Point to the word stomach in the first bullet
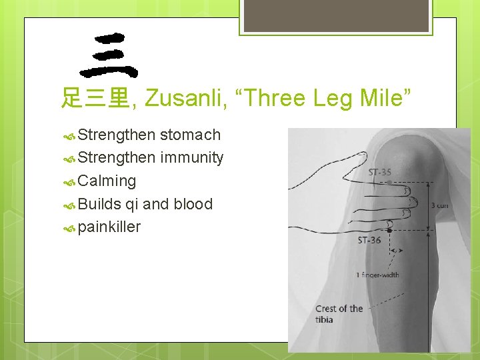pyautogui.click(x=190, y=135)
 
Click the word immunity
pyautogui.click(x=191, y=158)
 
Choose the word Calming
pyautogui.click(x=107, y=181)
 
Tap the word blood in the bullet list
pyautogui.click(x=193, y=204)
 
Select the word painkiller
pyautogui.click(x=109, y=227)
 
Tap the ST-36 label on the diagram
pyautogui.click(x=369, y=240)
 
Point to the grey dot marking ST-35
pyautogui.click(x=389, y=182)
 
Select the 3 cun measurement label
pyautogui.click(x=439, y=205)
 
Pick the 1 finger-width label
pyautogui.click(x=377, y=275)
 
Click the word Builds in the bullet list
pyautogui.click(x=99, y=204)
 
